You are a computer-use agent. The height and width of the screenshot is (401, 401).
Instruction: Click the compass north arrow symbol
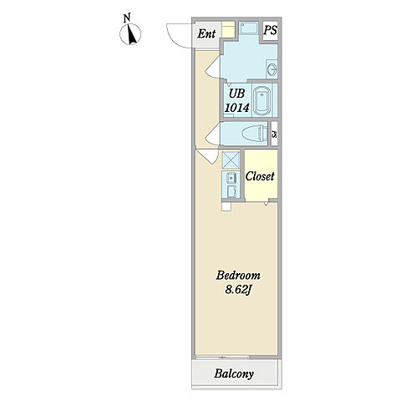(130, 34)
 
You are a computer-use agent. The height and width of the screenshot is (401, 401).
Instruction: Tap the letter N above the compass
(127, 18)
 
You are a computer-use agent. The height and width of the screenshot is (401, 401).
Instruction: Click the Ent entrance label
(206, 34)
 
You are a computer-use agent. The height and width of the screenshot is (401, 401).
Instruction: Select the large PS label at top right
(271, 30)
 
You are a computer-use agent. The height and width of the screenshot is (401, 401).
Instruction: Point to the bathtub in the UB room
(261, 100)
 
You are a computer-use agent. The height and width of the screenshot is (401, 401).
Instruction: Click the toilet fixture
(252, 134)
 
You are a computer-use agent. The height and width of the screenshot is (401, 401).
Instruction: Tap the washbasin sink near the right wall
(272, 69)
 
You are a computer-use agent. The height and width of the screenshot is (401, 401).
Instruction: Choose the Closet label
(260, 176)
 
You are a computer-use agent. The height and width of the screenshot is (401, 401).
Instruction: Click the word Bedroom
(238, 276)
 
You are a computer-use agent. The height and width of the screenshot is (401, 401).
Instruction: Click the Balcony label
(234, 373)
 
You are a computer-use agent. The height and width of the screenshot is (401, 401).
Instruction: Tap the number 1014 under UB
(236, 108)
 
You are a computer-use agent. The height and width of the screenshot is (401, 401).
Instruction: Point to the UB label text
(236, 94)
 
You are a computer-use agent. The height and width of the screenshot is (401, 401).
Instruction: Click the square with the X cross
(231, 160)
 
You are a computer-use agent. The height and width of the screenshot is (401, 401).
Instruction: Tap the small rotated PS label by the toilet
(274, 135)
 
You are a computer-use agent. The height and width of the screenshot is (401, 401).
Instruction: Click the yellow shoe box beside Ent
(228, 29)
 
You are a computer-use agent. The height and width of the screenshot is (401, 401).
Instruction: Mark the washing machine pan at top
(249, 28)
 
